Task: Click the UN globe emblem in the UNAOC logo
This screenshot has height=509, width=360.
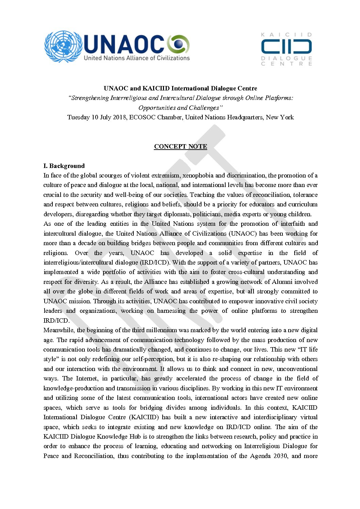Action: click(x=63, y=46)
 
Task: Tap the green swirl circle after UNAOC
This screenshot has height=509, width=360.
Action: click(x=178, y=45)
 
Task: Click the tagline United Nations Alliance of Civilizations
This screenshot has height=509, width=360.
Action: click(x=137, y=58)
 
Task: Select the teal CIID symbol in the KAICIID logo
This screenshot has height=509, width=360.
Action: click(x=286, y=47)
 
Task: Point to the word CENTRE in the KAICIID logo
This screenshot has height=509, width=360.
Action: click(x=286, y=64)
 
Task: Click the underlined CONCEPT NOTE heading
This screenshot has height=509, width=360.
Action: click(x=180, y=147)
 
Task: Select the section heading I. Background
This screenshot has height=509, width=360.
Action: click(x=64, y=166)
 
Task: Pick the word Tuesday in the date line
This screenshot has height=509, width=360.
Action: click(x=79, y=117)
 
